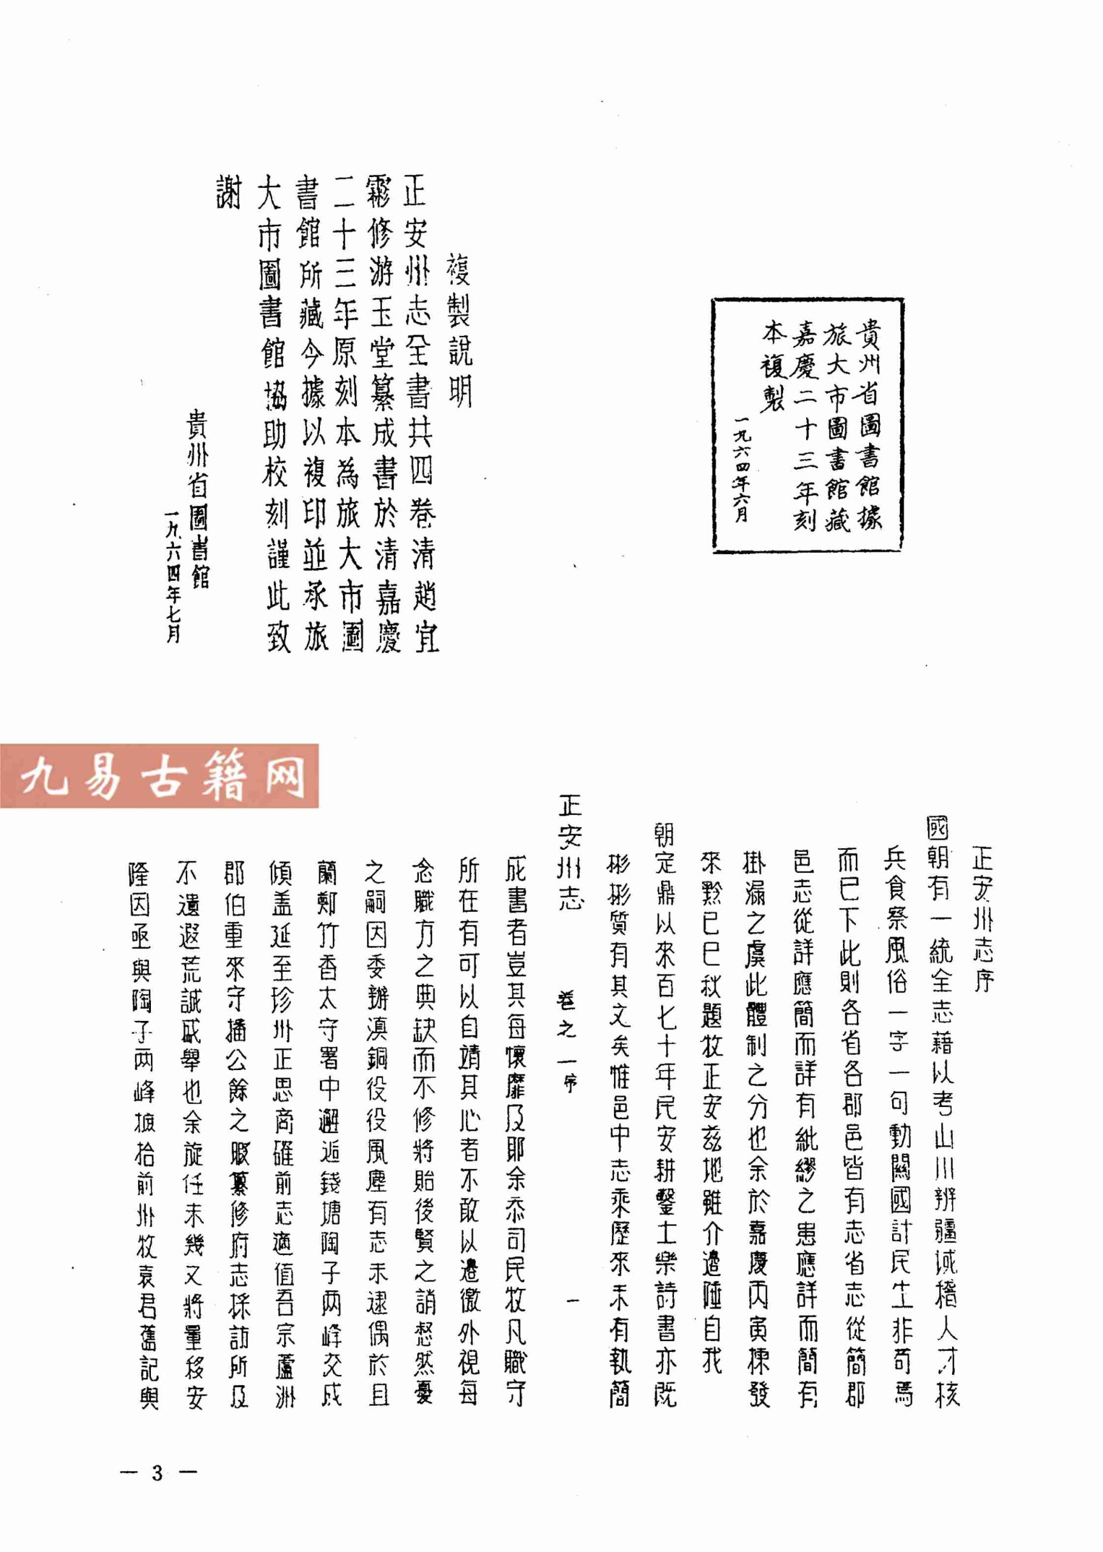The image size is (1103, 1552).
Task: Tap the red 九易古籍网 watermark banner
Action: point(159,775)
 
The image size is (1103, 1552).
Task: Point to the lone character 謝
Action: point(229,192)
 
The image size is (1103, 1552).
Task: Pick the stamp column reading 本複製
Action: point(773,367)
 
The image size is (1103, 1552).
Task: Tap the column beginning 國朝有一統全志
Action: point(942,1114)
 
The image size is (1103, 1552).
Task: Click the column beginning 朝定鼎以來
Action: point(665,1114)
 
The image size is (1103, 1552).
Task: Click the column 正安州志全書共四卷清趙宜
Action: point(421,414)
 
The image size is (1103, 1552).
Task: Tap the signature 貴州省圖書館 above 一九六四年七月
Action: point(198,499)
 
